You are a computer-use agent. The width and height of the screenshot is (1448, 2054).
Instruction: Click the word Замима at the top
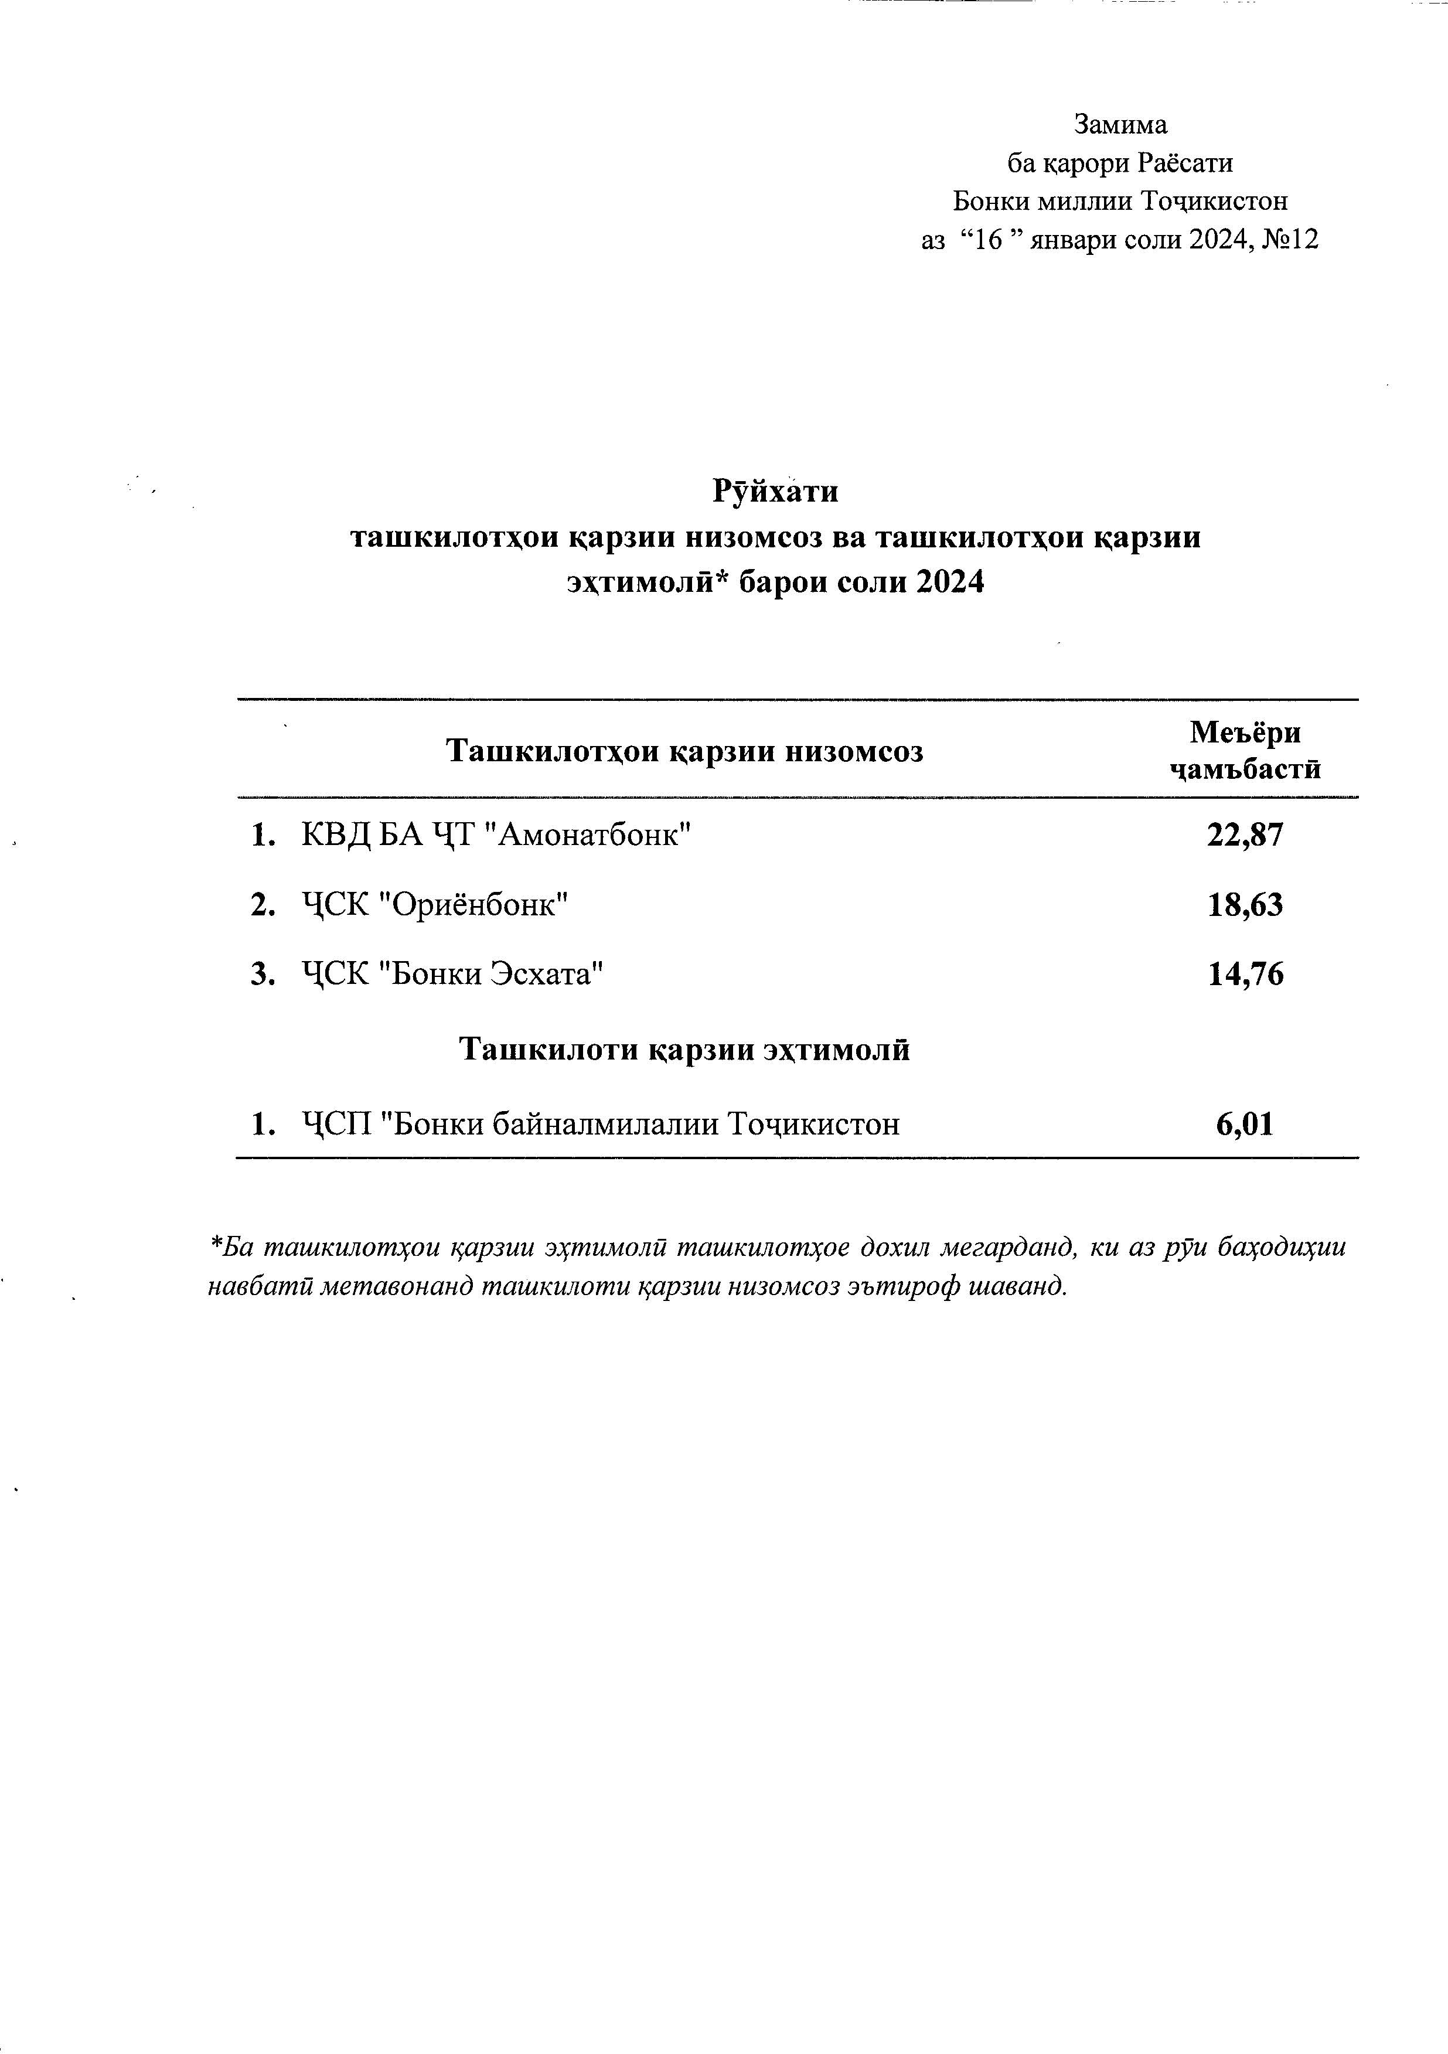(1120, 124)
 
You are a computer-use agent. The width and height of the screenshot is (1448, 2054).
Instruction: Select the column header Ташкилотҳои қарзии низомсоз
(684, 751)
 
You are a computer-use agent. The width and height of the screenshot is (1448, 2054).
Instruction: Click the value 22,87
(1245, 836)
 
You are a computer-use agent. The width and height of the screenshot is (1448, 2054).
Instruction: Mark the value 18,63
(1245, 905)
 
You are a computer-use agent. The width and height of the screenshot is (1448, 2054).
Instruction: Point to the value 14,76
(1245, 973)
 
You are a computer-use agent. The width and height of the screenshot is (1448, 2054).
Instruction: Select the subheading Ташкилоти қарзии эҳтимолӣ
(684, 1048)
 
